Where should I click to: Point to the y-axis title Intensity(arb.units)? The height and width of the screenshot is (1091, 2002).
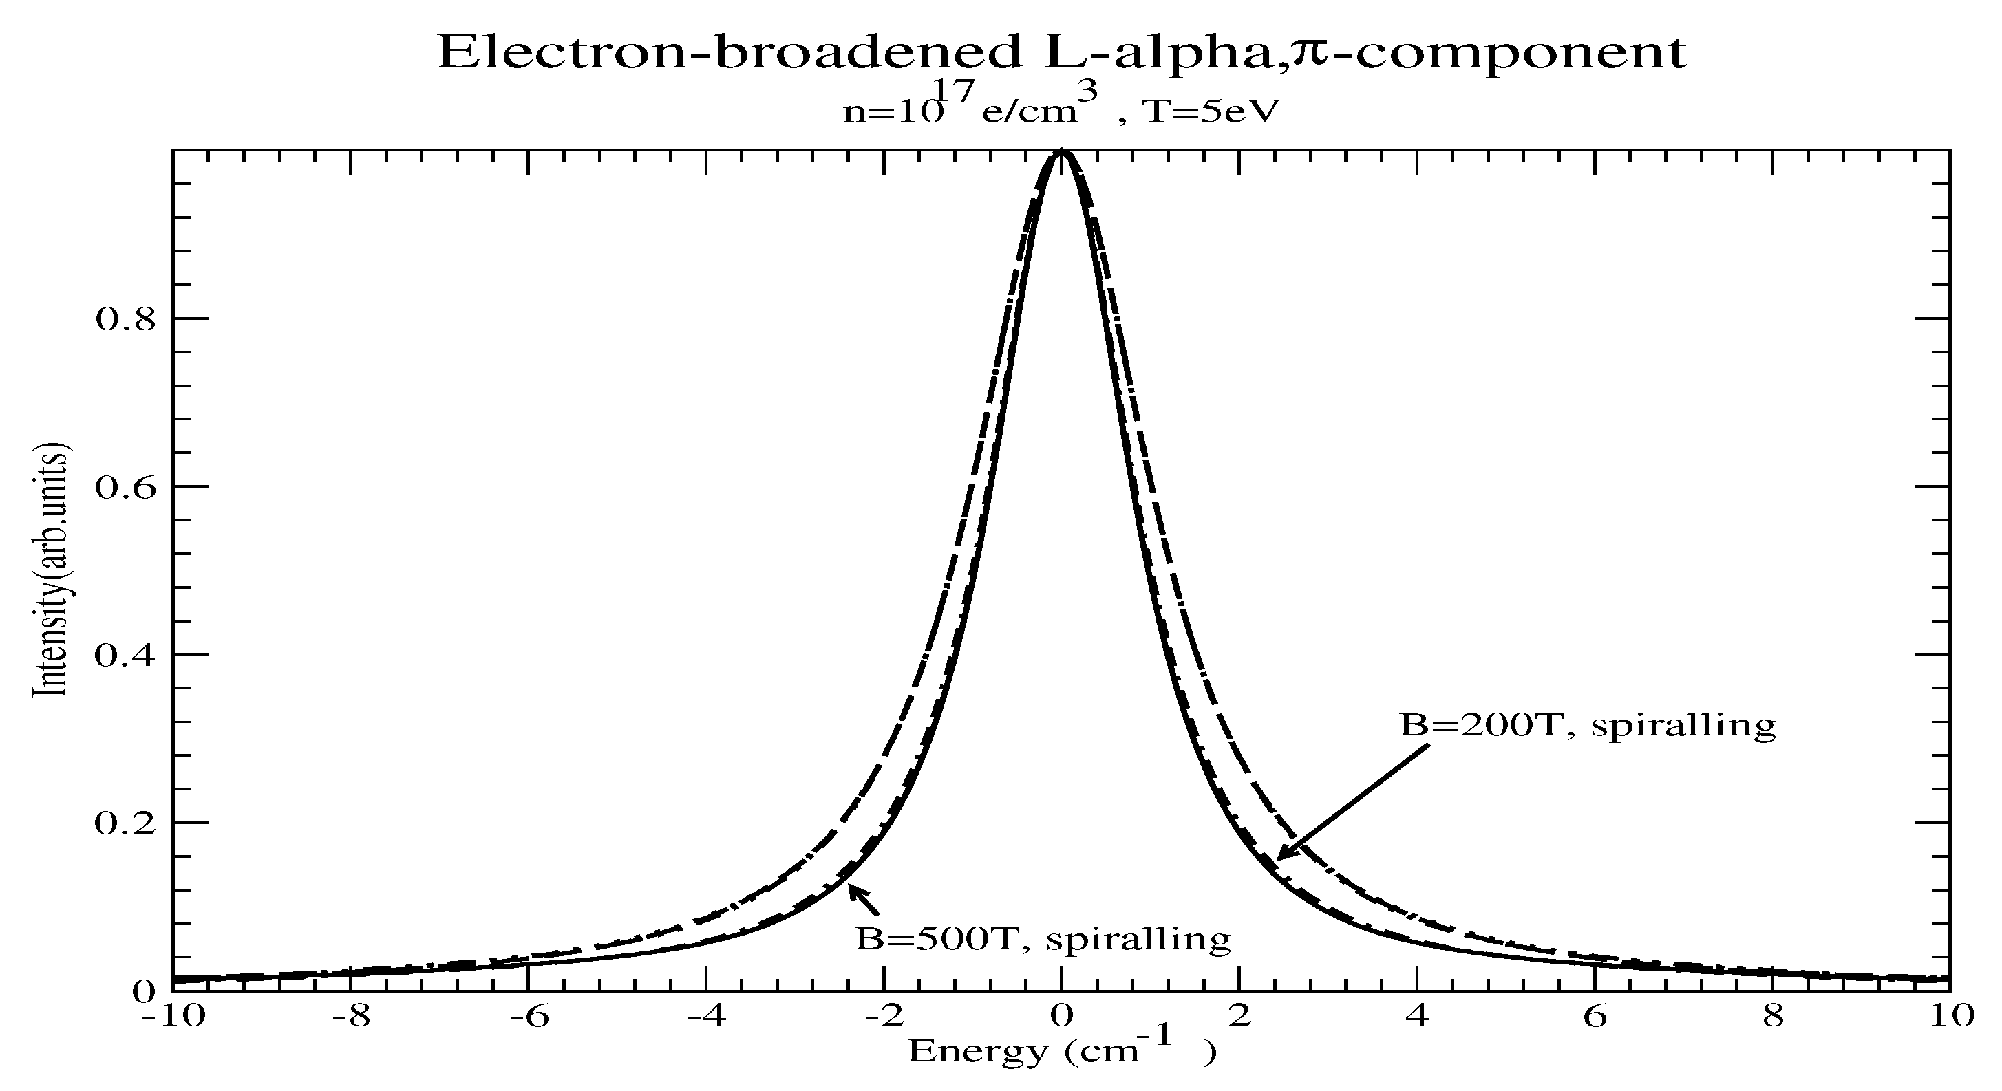coord(50,571)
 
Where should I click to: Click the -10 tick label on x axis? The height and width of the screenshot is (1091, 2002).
coord(174,1017)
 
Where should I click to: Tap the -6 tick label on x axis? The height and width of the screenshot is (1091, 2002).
coord(529,1017)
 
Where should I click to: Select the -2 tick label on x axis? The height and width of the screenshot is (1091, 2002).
coord(884,1017)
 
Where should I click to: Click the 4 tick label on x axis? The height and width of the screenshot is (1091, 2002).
coord(1418,1017)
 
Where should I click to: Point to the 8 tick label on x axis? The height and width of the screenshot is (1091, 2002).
coord(1773,1017)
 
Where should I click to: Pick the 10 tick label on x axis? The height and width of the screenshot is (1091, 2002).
coord(1950,1017)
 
